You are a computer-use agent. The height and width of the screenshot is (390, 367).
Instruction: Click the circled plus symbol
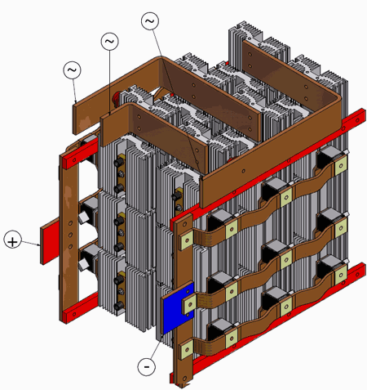tap(13, 240)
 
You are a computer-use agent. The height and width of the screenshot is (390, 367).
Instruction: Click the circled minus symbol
tap(145, 366)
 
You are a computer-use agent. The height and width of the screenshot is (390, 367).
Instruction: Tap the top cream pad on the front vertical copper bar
tap(187, 239)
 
